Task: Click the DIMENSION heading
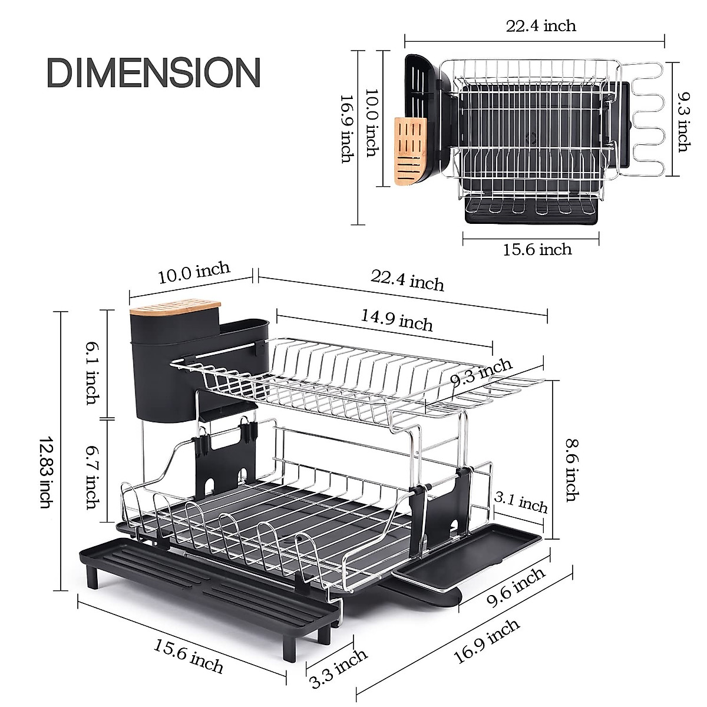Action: (x=153, y=72)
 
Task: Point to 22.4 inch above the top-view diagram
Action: (x=540, y=26)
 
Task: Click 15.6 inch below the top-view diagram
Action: (x=537, y=249)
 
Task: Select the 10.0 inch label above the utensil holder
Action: (x=194, y=273)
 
